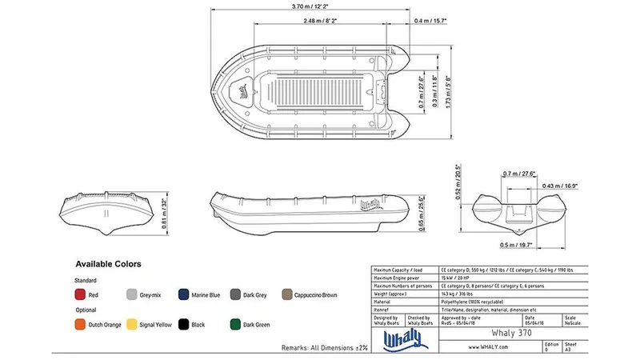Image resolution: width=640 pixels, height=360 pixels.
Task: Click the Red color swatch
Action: (80, 295)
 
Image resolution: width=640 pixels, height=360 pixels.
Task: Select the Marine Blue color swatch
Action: (183, 295)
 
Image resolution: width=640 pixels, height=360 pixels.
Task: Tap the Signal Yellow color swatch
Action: (132, 325)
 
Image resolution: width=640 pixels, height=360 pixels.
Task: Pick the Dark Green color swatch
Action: (235, 325)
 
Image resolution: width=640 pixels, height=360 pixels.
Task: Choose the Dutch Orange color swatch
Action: (80, 325)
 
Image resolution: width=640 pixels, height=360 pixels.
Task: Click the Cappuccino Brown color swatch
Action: (286, 295)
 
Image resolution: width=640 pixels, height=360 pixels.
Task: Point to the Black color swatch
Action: (183, 325)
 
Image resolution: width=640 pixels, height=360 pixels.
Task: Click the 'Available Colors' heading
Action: (108, 263)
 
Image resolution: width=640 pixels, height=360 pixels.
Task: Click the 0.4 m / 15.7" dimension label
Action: (430, 21)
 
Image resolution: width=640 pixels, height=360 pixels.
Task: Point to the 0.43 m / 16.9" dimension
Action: (560, 186)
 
